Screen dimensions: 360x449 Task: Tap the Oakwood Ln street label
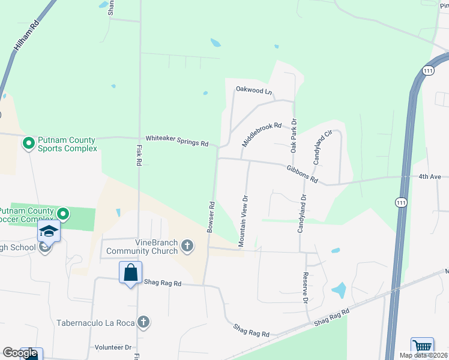[x=254, y=91]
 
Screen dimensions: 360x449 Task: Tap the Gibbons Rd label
[x=301, y=175]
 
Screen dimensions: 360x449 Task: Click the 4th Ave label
[x=430, y=176]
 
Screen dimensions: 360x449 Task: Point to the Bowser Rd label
[x=211, y=217]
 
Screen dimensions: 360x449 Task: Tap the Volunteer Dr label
[x=113, y=347]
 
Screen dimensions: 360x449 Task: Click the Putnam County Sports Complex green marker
[x=28, y=143]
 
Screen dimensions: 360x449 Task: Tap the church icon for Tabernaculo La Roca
[x=143, y=323]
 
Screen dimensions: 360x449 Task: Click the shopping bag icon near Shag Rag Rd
[x=131, y=272]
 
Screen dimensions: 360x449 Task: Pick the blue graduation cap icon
[x=49, y=231]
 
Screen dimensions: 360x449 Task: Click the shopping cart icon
[x=422, y=347]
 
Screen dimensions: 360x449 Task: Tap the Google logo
[x=20, y=353]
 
